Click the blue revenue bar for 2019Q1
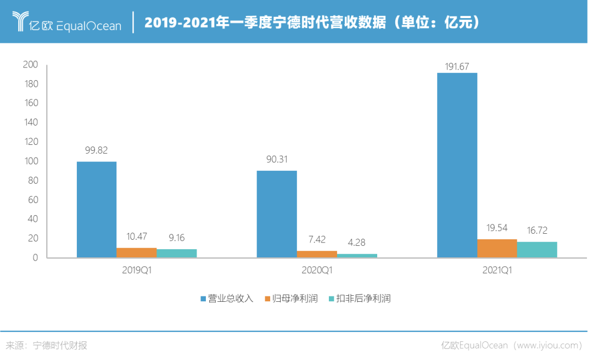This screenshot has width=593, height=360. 97,209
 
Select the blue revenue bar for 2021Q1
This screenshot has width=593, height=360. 457,165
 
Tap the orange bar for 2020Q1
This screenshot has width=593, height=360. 317,254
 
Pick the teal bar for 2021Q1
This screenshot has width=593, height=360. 537,249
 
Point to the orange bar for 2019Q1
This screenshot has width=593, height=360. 137,252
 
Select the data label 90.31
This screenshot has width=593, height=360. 276,160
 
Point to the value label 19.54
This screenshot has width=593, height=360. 496,228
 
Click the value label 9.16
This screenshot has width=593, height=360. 176,238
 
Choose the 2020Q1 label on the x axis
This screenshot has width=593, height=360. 317,271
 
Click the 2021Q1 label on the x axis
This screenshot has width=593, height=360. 497,271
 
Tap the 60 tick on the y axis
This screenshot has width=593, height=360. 33,200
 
